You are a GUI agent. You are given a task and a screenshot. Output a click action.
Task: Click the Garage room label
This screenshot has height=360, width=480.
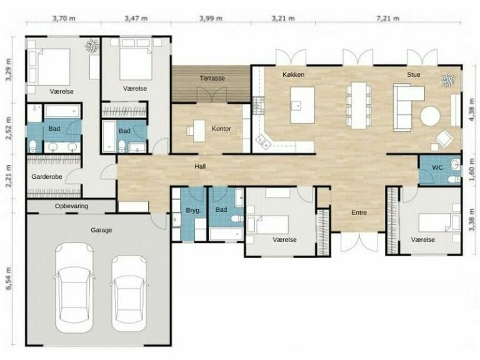tap(101, 230)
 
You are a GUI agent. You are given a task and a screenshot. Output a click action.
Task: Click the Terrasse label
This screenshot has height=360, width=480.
tap(212, 78)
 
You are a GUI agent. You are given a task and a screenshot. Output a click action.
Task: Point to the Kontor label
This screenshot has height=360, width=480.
tap(221, 129)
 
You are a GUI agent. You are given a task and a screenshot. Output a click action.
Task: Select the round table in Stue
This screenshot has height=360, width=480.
tap(430, 116)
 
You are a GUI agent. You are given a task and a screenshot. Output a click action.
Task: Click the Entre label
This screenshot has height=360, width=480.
tap(359, 212)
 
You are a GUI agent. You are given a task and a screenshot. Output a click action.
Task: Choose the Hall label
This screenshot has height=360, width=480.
tap(200, 166)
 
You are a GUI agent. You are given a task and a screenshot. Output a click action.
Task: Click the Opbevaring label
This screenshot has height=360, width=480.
tap(71, 206)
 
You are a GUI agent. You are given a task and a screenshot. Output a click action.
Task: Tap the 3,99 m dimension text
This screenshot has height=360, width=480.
tap(211, 18)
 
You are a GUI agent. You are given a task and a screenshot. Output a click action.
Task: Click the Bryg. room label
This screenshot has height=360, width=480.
tap(193, 211)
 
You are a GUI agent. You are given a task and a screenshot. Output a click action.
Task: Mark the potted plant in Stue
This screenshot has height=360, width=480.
tap(447, 79)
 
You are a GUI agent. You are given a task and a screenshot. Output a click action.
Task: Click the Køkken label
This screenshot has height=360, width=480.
tap(293, 74)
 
